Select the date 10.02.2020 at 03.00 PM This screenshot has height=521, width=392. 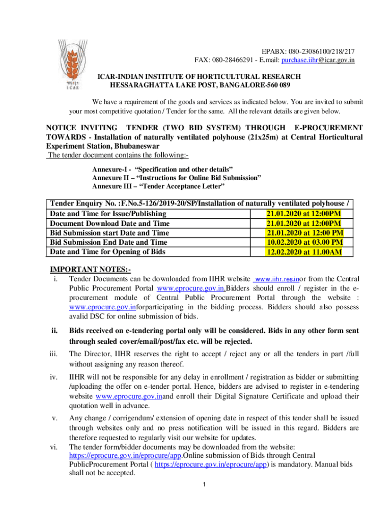[304, 242]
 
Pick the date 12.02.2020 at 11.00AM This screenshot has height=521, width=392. [304, 251]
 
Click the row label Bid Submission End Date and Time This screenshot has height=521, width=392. [108, 242]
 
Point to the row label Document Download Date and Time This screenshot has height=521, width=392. [110, 223]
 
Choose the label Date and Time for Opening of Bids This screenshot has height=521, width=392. [107, 251]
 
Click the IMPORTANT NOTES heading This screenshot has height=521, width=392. [90, 269]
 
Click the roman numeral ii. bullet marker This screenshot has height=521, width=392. [54, 331]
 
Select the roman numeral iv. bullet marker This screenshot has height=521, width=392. [54, 378]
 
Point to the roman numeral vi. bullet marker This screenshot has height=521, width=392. [54, 447]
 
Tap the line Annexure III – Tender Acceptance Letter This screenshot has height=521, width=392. [154, 187]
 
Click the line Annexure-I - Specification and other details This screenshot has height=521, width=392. [162, 168]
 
